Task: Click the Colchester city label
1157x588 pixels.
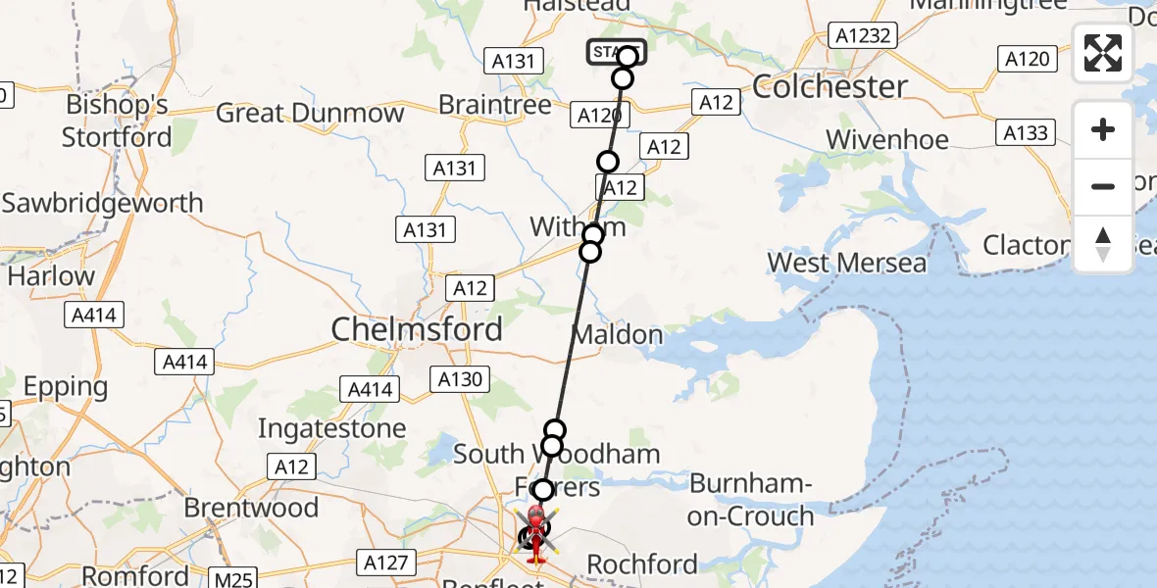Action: (830, 87)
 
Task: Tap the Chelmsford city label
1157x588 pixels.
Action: (417, 329)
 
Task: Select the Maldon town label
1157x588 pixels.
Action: (617, 335)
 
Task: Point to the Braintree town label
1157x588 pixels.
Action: (495, 105)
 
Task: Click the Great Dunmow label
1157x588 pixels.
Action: (310, 113)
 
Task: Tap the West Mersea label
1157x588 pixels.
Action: (847, 263)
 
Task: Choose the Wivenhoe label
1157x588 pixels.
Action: (887, 140)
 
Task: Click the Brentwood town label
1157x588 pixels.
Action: (251, 508)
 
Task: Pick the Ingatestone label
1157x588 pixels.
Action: (331, 429)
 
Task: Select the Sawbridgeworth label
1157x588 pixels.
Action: (102, 204)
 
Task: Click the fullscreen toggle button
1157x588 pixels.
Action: (1103, 53)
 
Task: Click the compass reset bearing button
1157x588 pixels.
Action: (1103, 244)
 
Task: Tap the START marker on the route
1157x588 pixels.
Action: (616, 52)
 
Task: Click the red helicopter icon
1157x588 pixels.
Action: (536, 534)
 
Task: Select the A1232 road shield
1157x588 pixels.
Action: (862, 36)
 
